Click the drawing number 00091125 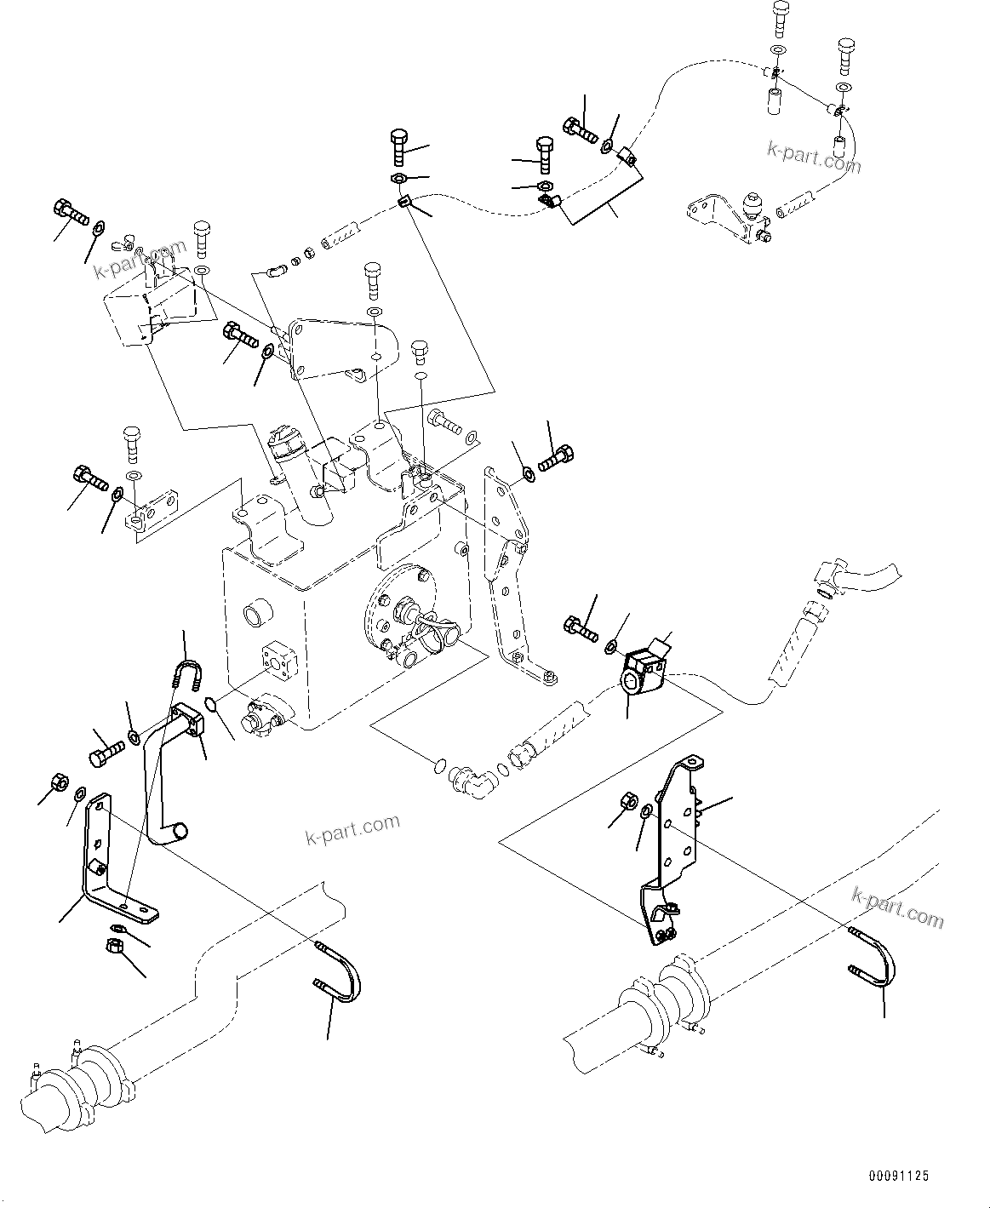tap(898, 1176)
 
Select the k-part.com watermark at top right tap(812, 157)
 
